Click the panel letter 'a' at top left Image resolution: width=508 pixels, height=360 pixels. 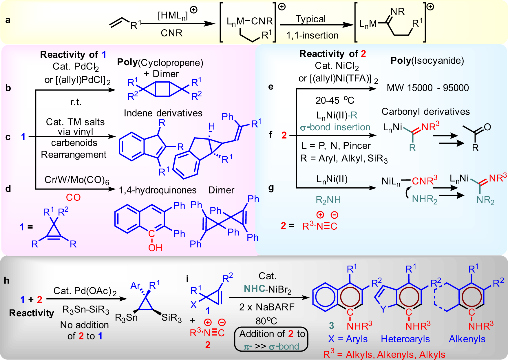point(8,20)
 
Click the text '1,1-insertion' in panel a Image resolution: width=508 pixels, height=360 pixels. point(312,35)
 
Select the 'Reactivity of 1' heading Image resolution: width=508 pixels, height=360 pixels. point(73,54)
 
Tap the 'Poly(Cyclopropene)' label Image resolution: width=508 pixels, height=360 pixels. point(160,62)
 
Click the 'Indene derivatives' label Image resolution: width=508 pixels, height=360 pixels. point(163,113)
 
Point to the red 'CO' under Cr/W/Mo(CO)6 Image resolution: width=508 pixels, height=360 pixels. point(73,197)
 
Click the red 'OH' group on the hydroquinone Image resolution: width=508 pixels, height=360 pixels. point(155,248)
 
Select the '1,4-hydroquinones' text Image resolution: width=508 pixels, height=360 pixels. point(158,190)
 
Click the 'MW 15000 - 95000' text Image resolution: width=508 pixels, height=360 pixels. point(427,88)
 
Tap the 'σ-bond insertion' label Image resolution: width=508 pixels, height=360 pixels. point(335,127)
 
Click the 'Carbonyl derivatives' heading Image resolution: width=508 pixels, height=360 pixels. point(425,112)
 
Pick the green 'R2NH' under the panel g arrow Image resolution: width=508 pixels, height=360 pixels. point(328,200)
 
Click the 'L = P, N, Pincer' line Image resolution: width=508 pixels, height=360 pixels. point(336,145)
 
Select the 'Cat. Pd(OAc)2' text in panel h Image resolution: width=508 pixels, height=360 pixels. point(85,291)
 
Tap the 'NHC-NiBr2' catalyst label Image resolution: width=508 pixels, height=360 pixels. point(267,289)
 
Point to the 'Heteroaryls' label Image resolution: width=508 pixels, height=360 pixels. point(405,339)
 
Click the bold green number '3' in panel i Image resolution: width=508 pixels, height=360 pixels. point(331,326)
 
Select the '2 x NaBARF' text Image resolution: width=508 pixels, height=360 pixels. point(266,307)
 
